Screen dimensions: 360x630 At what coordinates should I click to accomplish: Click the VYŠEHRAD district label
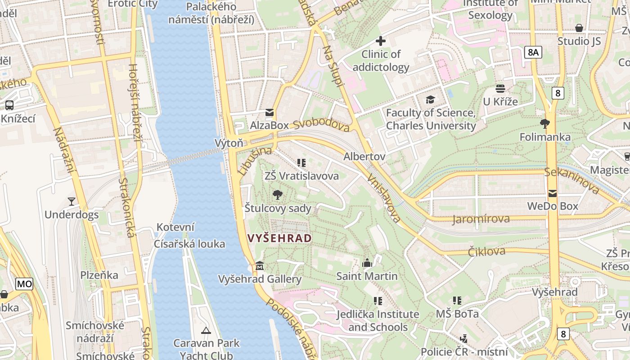coord(279,238)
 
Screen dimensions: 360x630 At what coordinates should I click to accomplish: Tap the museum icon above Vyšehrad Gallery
coord(259,266)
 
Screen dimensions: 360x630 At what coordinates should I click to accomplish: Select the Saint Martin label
coord(367,276)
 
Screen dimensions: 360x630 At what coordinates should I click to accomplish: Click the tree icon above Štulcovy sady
coord(278,195)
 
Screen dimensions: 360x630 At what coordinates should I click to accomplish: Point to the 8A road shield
coord(533,52)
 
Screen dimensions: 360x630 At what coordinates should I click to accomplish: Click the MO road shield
coord(24,284)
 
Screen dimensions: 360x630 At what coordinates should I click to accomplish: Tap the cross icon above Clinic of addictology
coord(381,41)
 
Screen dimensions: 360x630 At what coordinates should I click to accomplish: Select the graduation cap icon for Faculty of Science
coord(431,99)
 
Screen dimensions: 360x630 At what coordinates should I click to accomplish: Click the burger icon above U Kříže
coord(500,88)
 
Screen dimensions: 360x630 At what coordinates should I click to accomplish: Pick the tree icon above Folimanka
coord(544,124)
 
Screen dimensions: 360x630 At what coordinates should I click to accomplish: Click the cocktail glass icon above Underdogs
coord(71,201)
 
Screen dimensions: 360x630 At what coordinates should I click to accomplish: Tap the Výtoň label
coord(229,143)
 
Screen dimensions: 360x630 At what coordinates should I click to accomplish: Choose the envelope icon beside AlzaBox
coord(269,112)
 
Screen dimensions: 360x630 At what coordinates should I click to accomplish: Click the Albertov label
coord(364,156)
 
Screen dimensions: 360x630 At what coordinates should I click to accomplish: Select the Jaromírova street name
coord(481,219)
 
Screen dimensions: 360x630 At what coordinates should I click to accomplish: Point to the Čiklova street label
coord(486,252)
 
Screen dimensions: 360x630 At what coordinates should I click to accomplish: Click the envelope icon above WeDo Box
coord(552,193)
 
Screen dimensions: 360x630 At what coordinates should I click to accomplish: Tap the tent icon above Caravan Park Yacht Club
coord(206,331)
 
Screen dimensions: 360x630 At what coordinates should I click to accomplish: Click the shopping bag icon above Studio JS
coord(579,28)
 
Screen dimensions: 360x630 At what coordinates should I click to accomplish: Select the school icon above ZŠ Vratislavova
coord(301,163)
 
